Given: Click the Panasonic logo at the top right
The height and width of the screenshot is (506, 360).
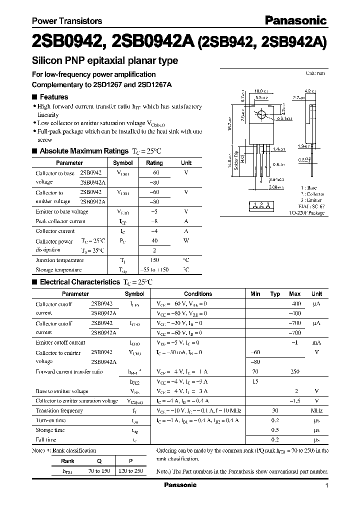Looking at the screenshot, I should (295, 20).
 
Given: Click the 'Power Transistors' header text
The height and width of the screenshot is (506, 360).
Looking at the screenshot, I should (67, 21).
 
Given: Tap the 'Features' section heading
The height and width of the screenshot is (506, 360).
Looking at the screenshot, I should (53, 97).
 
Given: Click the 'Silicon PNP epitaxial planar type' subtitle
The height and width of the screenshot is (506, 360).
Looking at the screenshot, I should (105, 61).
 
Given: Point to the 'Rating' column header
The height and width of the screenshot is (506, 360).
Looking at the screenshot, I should (154, 163).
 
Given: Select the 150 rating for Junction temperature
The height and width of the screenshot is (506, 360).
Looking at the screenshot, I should (154, 260).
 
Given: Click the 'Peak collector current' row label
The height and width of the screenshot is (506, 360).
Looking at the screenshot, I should (60, 221).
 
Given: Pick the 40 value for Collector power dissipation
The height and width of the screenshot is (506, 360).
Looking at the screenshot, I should (154, 240).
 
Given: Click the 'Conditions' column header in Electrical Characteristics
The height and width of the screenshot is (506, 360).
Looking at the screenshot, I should (198, 294).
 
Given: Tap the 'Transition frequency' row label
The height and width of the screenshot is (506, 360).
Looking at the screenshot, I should (59, 410).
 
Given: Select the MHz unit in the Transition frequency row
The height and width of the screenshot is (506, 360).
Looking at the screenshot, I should (316, 410).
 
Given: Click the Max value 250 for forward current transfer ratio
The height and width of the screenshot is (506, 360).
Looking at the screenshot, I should (294, 371).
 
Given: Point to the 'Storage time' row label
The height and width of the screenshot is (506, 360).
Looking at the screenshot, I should (50, 430).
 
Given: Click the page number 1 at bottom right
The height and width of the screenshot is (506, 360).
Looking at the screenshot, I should (326, 485).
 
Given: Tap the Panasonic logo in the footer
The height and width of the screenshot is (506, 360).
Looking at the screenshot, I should (180, 485).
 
